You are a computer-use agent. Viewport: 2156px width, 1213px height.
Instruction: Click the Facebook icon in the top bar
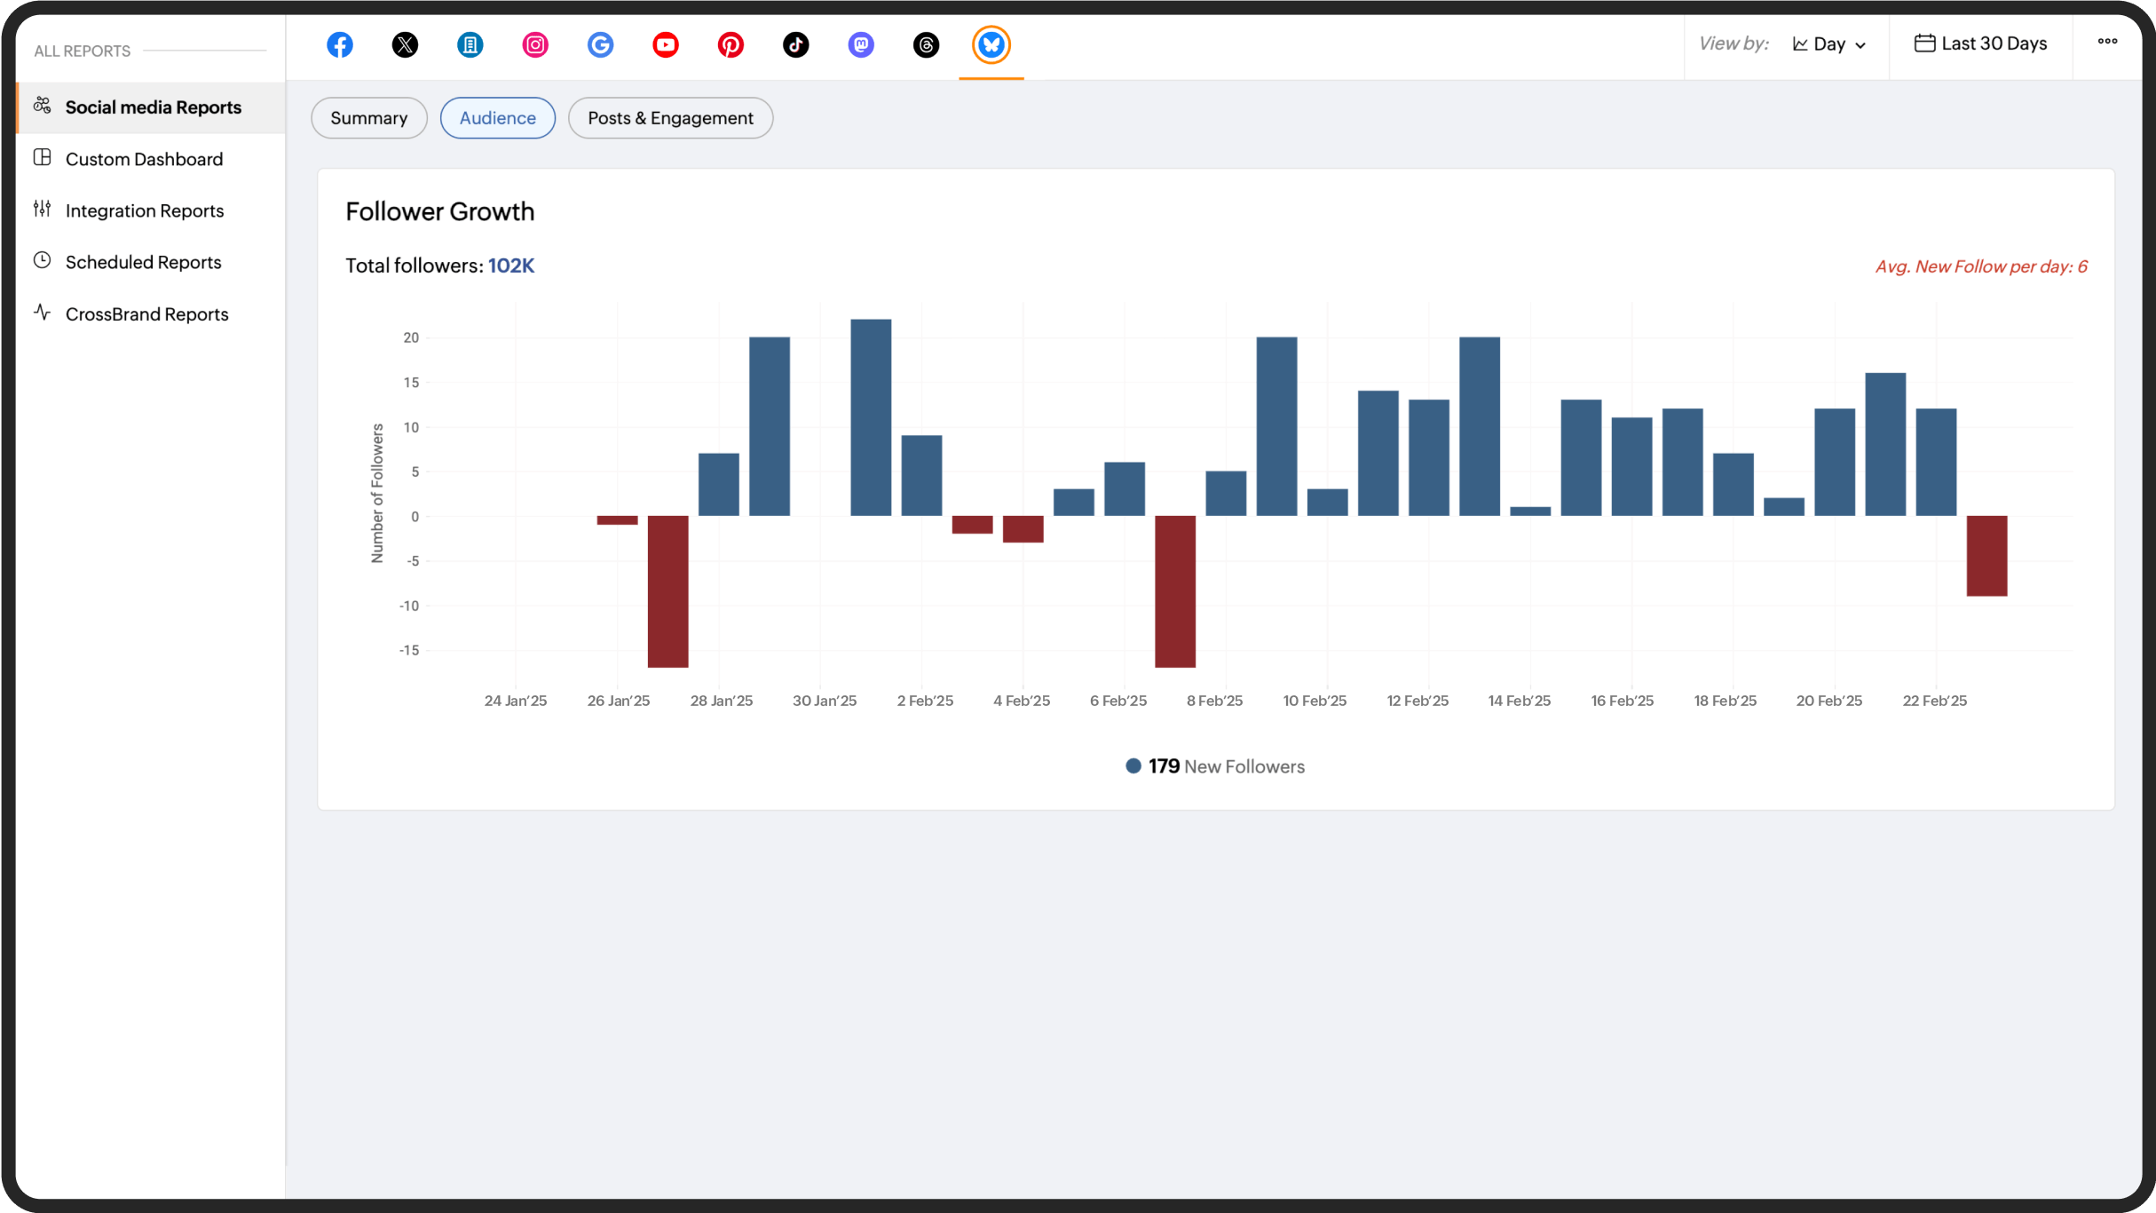pos(340,44)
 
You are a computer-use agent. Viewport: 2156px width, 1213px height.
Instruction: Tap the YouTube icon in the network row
pos(666,44)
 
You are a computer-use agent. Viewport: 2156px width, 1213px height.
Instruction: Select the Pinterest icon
pos(731,44)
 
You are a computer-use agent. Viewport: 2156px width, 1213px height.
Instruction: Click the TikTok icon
pos(795,44)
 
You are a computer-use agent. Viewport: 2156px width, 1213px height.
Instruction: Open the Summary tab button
pos(368,118)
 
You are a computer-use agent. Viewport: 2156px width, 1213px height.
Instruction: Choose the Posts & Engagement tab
pos(670,118)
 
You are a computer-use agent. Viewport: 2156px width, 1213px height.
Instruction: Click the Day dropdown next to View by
pos(1829,44)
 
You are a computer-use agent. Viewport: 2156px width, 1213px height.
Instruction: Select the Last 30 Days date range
pos(1980,44)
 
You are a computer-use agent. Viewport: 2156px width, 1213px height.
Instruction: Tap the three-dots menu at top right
pos(2107,42)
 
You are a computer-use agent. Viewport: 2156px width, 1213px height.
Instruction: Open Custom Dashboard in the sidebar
pos(144,159)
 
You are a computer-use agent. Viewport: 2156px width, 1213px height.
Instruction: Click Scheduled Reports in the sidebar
pos(143,262)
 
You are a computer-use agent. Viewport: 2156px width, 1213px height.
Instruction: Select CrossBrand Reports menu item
pos(146,313)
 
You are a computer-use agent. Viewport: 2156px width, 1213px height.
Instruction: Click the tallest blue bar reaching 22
pos(871,417)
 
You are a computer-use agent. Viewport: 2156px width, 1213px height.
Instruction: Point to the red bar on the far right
pos(1986,556)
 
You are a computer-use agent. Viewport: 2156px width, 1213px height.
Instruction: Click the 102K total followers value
pos(511,266)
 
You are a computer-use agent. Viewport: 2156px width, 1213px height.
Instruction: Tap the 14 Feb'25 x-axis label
pos(1519,701)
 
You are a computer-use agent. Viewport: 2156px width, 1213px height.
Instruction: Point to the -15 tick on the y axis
pos(409,650)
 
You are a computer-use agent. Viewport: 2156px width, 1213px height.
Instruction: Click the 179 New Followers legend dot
pos(1133,766)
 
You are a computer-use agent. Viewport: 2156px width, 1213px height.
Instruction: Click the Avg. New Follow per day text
pos(1980,266)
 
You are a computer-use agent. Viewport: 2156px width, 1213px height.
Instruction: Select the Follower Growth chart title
pos(439,211)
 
